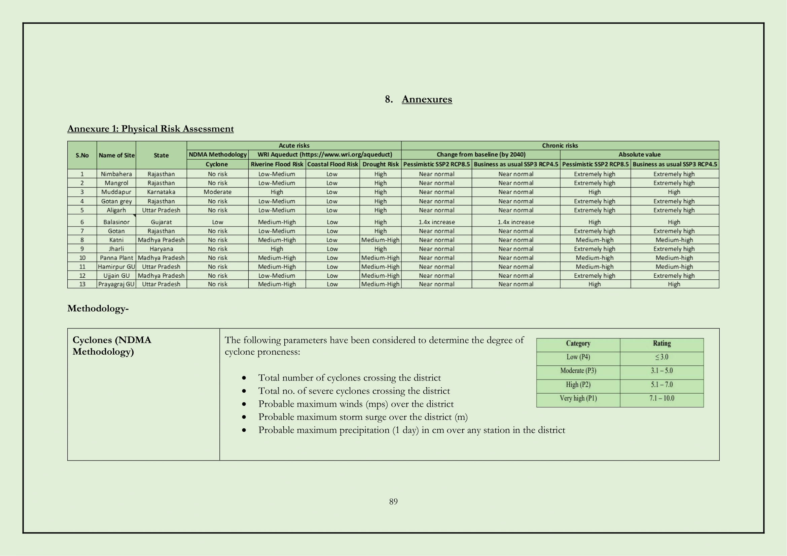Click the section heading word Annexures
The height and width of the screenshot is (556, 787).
(x=427, y=99)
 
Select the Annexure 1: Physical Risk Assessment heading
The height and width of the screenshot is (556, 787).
(x=150, y=129)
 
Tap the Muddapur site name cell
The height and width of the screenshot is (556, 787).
(x=116, y=192)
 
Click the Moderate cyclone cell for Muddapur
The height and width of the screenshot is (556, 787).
(x=217, y=192)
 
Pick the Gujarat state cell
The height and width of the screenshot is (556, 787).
(x=161, y=222)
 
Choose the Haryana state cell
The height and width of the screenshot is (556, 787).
(x=161, y=249)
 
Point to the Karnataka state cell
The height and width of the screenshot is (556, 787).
(x=161, y=192)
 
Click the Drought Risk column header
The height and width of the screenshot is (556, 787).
(x=381, y=164)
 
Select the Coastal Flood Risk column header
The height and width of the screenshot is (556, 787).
(x=332, y=164)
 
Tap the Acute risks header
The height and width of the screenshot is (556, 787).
(x=294, y=146)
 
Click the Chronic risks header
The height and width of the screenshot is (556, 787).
(x=560, y=146)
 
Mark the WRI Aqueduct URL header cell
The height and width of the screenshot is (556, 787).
(x=325, y=155)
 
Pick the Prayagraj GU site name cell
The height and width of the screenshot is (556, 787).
(x=116, y=284)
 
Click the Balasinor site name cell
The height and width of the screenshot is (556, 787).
(x=116, y=222)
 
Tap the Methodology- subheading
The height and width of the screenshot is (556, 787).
(x=98, y=309)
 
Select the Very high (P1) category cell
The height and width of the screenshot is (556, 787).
(x=578, y=399)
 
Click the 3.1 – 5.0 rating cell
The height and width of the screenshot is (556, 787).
(x=661, y=371)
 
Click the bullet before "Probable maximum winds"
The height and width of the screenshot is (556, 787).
(x=244, y=404)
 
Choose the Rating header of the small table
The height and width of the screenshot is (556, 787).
(x=661, y=344)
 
